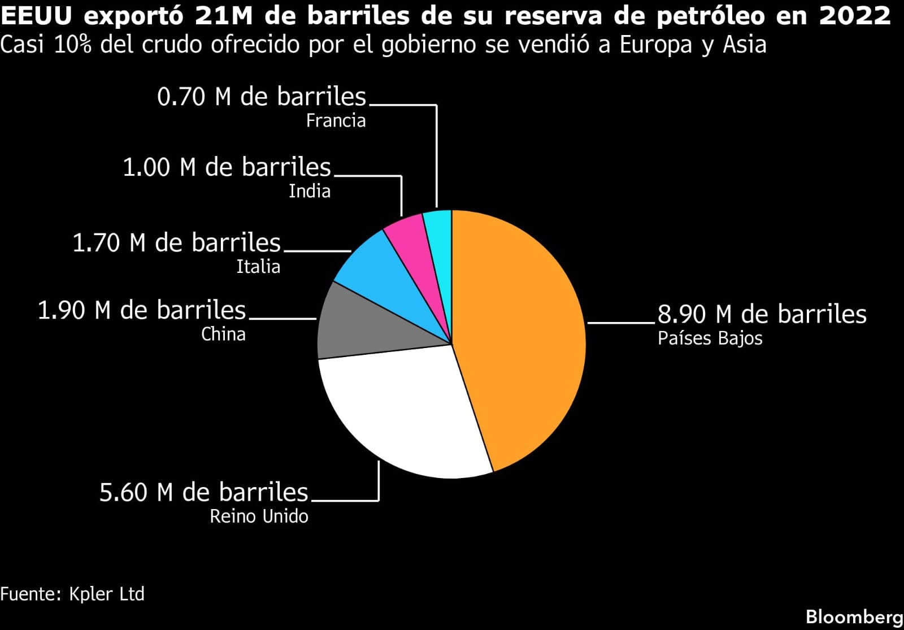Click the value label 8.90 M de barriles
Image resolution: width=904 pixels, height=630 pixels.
[762, 314]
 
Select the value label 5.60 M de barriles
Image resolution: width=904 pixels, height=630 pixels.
[204, 492]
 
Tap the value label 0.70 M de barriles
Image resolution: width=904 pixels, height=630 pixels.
[262, 97]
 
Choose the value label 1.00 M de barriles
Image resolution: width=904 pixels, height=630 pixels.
[227, 167]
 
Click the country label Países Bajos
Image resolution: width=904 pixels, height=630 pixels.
[710, 338]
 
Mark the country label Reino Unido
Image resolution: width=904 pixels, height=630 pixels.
[259, 516]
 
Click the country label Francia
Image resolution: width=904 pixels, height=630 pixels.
[336, 121]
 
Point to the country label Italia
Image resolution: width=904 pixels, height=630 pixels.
[258, 267]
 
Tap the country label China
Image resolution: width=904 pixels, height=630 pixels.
[223, 334]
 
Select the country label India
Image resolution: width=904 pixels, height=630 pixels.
[310, 192]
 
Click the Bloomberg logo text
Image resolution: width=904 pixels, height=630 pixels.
[854, 616]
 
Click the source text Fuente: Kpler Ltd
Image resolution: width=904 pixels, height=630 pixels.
[72, 594]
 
